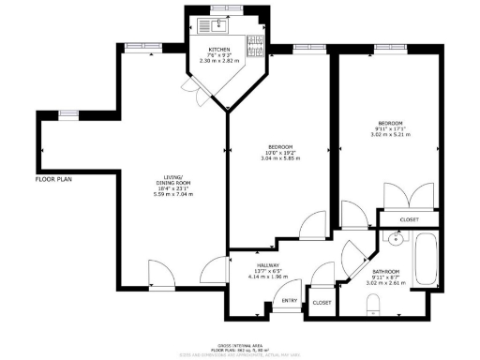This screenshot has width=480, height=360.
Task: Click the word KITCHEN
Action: click(219, 49)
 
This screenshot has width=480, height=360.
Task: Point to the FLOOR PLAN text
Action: click(53, 178)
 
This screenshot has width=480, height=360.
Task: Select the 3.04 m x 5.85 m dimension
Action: click(281, 157)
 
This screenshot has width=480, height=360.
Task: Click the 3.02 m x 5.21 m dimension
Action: click(391, 134)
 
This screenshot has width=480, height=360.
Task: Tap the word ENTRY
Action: click(290, 302)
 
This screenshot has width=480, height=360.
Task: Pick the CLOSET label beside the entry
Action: click(321, 303)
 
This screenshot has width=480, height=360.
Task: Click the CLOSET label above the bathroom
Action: click(409, 220)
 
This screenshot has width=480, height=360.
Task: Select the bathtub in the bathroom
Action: click(425, 261)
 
